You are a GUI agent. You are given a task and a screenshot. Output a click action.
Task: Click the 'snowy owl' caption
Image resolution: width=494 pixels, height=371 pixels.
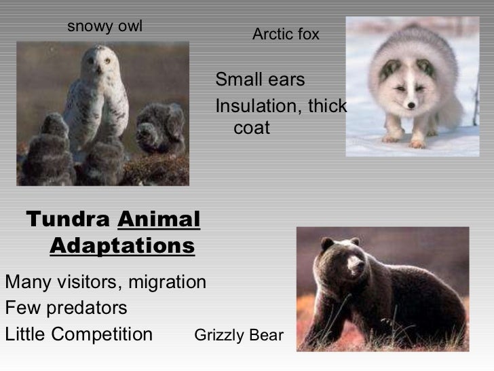(104, 26)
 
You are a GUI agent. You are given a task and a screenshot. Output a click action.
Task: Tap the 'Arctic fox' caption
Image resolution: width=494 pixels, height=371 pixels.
(286, 34)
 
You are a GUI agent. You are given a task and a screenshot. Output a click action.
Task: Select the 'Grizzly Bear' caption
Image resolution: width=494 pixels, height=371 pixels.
(239, 335)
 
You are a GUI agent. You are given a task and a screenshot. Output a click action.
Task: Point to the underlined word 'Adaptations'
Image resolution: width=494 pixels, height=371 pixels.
(122, 245)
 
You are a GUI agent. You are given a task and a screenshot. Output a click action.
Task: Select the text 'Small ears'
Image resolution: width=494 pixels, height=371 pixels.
(260, 80)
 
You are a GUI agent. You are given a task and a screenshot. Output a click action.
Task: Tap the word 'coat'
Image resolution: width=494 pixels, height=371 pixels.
(251, 128)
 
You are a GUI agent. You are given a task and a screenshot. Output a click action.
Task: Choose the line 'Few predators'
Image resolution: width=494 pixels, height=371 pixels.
(66, 308)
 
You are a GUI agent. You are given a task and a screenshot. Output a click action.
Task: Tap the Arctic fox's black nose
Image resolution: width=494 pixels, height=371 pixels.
(409, 104)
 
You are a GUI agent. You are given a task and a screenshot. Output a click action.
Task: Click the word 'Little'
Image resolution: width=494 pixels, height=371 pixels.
(25, 335)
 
